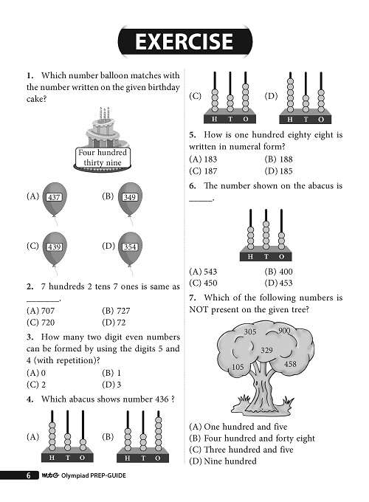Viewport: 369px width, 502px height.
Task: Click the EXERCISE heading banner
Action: (x=184, y=41)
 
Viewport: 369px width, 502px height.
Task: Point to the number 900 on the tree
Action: (x=284, y=331)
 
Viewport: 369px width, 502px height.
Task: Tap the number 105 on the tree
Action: (x=238, y=367)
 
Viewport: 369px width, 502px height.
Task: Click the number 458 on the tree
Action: (x=290, y=364)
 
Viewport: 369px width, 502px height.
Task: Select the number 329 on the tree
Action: (x=267, y=349)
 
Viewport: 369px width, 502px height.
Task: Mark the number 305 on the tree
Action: (x=249, y=333)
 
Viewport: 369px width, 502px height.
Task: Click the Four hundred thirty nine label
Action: (x=103, y=157)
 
